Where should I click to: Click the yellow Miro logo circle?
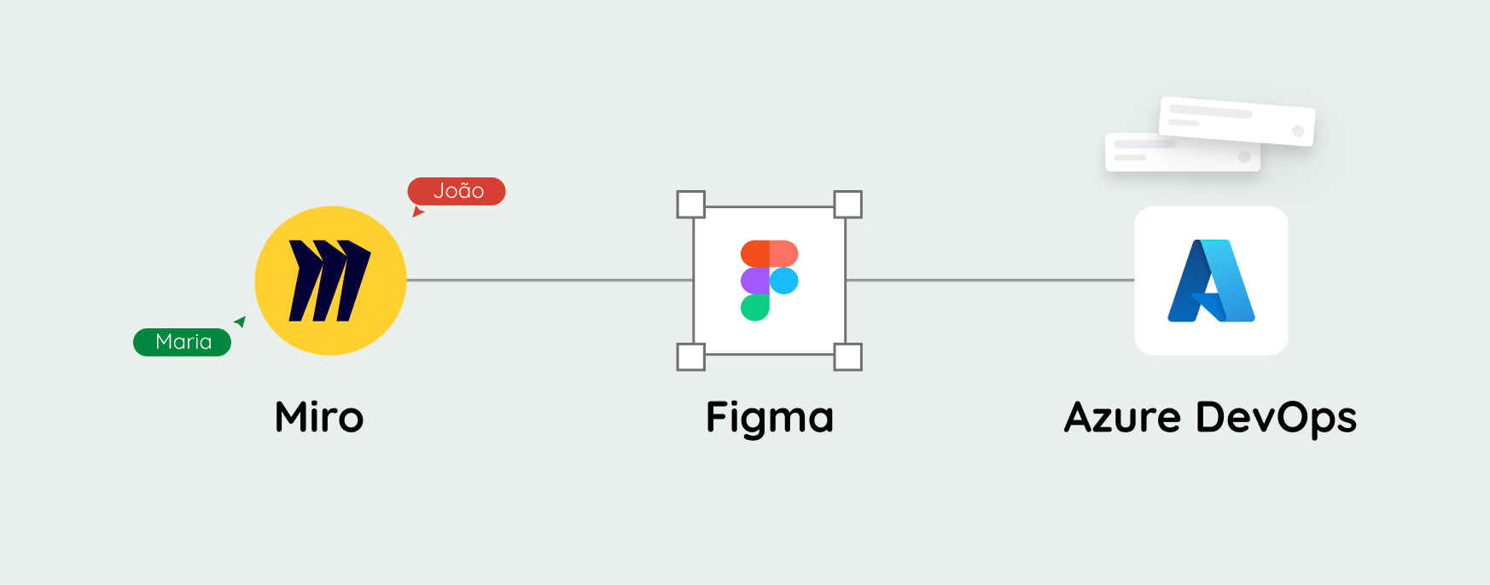tap(330, 281)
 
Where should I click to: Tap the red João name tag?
tap(457, 191)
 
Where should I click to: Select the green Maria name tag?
tap(182, 342)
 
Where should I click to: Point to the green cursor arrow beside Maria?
tap(241, 321)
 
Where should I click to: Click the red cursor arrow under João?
tap(417, 211)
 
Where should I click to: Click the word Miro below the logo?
tap(319, 418)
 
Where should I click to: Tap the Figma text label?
tap(769, 419)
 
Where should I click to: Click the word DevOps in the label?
tap(1276, 419)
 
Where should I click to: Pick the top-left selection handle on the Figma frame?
tap(690, 205)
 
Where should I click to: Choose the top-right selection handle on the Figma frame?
tap(847, 205)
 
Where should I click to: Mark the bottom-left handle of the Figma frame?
tap(690, 356)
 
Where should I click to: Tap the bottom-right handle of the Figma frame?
tap(847, 356)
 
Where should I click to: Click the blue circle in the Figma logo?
tap(784, 281)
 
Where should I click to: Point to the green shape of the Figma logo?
tap(754, 307)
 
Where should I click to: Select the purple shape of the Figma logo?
tap(754, 281)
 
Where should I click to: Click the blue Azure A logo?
tap(1211, 281)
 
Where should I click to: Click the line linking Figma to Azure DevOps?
tap(990, 280)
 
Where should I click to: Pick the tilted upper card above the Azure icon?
tap(1237, 120)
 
